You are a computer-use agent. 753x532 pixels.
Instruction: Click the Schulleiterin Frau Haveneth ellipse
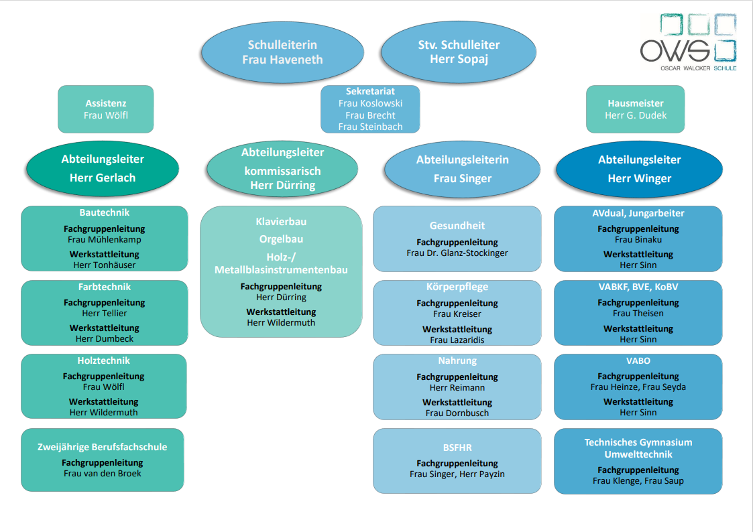coord(282,52)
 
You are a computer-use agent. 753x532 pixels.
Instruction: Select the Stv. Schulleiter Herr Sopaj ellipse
coord(459,52)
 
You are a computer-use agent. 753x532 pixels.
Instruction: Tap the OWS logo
coord(688,43)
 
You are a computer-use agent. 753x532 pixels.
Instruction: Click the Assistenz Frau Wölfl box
coord(106,109)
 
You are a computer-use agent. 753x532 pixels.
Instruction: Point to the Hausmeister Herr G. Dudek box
coord(636,109)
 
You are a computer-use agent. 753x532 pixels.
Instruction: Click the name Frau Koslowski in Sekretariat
coord(370,103)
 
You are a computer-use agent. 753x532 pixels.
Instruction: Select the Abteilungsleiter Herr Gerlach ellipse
coord(103,168)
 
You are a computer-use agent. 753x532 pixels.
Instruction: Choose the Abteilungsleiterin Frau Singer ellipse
coord(463,169)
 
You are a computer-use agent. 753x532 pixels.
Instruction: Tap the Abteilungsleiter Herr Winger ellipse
coord(639,169)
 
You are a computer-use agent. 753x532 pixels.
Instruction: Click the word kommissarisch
coord(282,172)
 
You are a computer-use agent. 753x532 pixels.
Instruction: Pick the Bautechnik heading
coord(104,212)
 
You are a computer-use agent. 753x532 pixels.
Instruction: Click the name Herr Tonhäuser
coord(104,265)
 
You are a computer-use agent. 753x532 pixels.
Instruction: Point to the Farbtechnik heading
coord(104,287)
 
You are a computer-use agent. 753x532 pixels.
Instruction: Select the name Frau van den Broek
coord(103,474)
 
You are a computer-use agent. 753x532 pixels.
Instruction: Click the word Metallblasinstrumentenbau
coord(281,270)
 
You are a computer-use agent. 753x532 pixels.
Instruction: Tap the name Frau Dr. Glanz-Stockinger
coord(457,253)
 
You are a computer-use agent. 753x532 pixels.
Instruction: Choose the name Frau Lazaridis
coord(457,340)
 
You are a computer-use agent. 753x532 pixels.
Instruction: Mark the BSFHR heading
coord(457,448)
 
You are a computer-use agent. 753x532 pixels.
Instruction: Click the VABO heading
coord(638,360)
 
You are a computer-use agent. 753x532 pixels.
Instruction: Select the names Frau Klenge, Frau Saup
coord(638,480)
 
